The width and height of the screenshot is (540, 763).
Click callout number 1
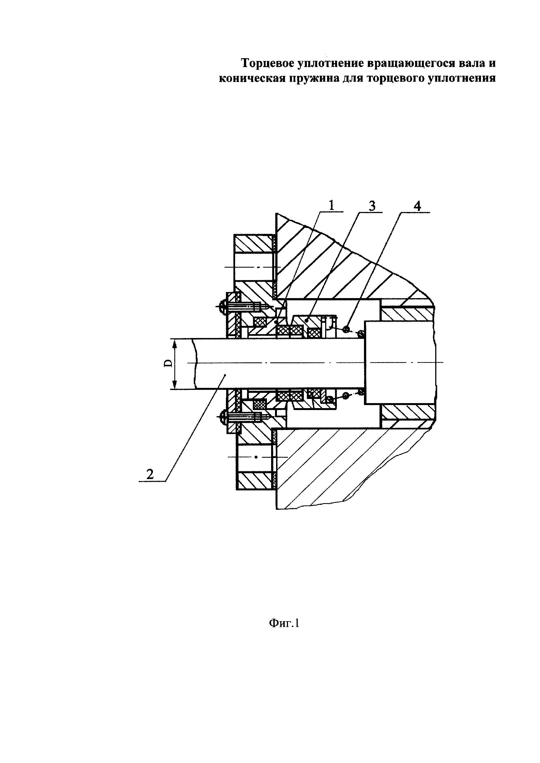pyautogui.click(x=332, y=205)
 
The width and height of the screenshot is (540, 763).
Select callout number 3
pyautogui.click(x=372, y=206)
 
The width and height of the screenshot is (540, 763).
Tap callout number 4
pyautogui.click(x=417, y=206)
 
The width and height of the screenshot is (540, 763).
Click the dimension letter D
pyautogui.click(x=169, y=363)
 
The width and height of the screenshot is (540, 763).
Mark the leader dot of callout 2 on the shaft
pyautogui.click(x=225, y=375)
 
